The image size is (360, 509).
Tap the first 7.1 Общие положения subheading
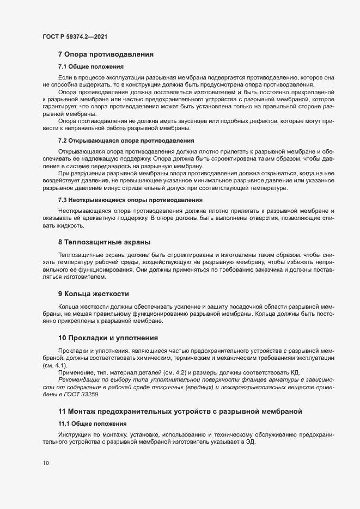91,66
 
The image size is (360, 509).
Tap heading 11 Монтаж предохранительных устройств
180,411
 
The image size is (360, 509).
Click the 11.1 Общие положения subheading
93,423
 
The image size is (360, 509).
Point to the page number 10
46,463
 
